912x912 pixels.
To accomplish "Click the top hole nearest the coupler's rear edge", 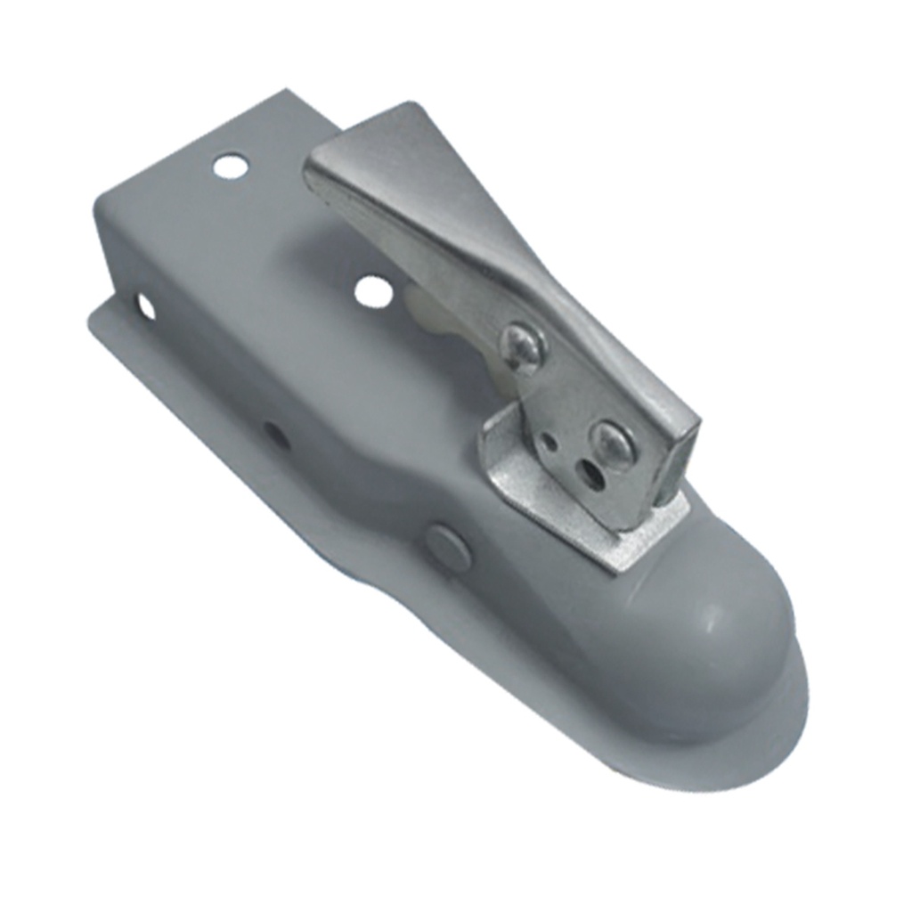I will pyautogui.click(x=230, y=166).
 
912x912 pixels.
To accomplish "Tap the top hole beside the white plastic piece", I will pyautogui.click(x=373, y=291).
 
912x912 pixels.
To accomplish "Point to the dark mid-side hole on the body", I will pyautogui.click(x=275, y=436).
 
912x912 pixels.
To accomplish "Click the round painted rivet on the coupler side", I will pyautogui.click(x=448, y=546).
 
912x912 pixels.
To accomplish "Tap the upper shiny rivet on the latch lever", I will pyautogui.click(x=523, y=346).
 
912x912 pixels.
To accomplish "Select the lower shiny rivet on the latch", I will pyautogui.click(x=614, y=443).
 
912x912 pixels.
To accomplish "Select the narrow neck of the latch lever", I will pyautogui.click(x=534, y=294).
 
